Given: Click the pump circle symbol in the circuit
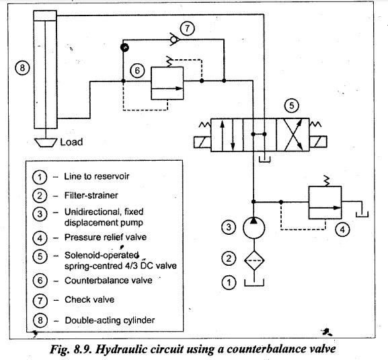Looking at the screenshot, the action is (x=254, y=228).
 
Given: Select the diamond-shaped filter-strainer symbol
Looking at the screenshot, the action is (x=254, y=260).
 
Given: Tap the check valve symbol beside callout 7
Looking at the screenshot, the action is (x=174, y=40).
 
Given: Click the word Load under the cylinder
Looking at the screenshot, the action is (x=71, y=142).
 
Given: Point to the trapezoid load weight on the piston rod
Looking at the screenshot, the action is (x=46, y=143).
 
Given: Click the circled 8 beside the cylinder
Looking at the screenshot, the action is (x=22, y=67).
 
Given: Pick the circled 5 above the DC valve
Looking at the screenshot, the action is (x=291, y=106).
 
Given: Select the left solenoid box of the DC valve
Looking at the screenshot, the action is (x=202, y=142).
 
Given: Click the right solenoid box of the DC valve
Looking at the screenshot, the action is (x=318, y=142).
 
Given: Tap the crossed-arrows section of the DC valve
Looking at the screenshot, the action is (x=293, y=135).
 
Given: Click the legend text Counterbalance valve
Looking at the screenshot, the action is (x=108, y=281).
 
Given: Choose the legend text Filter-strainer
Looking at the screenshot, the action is (x=91, y=195).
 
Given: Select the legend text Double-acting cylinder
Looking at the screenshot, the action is (x=110, y=320).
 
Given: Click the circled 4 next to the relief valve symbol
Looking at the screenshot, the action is (x=342, y=229).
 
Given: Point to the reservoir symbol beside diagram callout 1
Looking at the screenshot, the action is (x=254, y=283).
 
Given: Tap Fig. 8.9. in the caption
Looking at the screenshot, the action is (x=71, y=349).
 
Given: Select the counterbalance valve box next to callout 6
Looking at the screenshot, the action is (x=167, y=83).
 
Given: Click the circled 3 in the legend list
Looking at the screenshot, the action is (x=40, y=214).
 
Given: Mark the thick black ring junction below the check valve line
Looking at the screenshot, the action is (x=124, y=47).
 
